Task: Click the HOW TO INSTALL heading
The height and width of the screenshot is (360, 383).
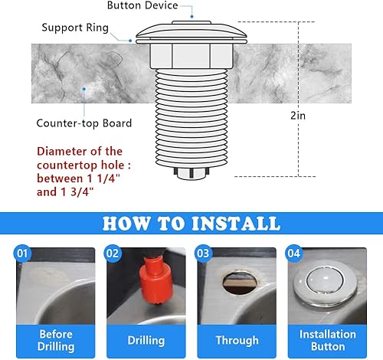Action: click(x=191, y=223)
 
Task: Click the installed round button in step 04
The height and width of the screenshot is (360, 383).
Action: click(x=327, y=282)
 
